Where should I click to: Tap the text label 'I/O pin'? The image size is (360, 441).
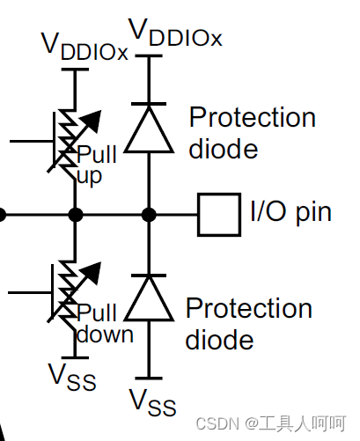pos(290,212)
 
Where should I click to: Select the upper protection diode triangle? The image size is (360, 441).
pos(149,129)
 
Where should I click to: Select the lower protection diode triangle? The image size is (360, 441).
pos(149,298)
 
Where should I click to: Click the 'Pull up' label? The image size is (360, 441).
pos(97,165)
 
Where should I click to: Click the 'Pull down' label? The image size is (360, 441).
pos(105,323)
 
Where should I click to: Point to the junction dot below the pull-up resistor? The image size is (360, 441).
pos(76,215)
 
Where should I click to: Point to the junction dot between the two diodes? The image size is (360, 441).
pos(149,215)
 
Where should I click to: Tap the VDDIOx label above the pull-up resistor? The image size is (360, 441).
pos(84,47)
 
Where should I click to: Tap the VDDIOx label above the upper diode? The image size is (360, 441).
pos(175,33)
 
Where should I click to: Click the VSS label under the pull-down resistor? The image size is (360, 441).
pos(72,377)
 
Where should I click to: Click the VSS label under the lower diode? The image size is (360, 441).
pos(152,402)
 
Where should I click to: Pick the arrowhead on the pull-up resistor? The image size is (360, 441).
pos(92,121)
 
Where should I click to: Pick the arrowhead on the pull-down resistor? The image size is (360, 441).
pos(92,273)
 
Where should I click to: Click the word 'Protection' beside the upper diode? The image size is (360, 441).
pos(253,117)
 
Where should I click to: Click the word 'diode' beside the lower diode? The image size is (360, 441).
pos(219,340)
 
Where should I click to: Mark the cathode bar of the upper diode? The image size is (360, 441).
pos(149,104)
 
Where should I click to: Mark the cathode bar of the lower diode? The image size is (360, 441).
pos(149,276)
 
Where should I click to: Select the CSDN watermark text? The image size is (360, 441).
pos(271,423)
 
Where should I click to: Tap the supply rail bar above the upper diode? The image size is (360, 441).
pos(149,55)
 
